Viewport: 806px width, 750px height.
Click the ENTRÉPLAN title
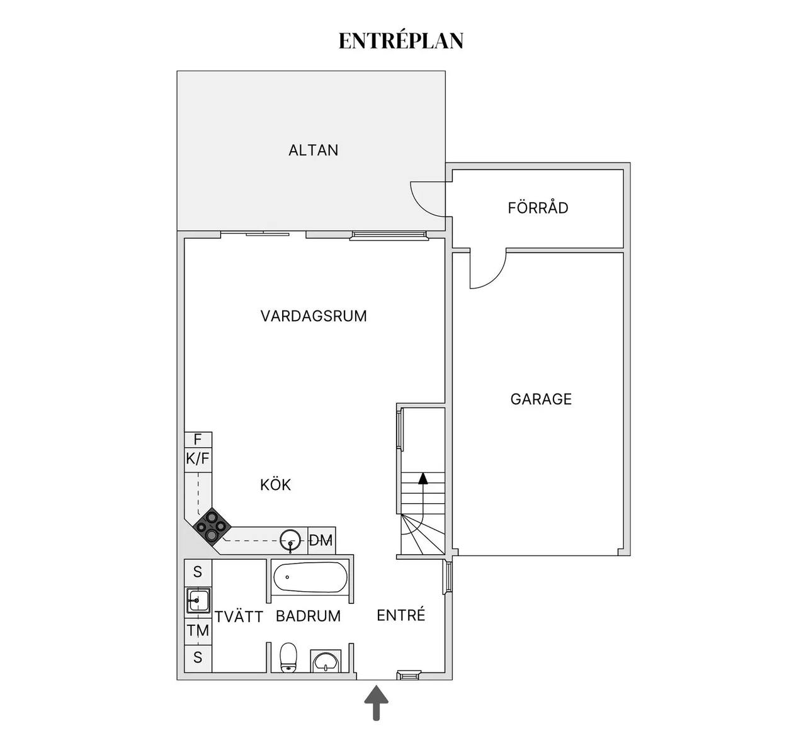(401, 40)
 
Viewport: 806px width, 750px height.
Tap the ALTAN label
(314, 151)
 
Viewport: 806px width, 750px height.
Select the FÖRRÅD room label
(538, 208)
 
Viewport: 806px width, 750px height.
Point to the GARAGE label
(541, 399)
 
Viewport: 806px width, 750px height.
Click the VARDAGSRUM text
(314, 316)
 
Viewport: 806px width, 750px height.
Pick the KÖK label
(276, 484)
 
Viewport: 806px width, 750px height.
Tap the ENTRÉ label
(401, 615)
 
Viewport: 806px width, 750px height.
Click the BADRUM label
(309, 616)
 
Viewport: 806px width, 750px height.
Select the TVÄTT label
(239, 616)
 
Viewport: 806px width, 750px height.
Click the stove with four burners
(211, 526)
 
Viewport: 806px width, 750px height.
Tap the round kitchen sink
(290, 540)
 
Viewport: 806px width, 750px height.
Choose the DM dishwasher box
(321, 540)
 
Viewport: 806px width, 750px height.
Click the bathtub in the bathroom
(310, 577)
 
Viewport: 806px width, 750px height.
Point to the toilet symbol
(288, 657)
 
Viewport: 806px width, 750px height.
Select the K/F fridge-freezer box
(198, 459)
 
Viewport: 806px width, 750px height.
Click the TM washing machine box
(198, 630)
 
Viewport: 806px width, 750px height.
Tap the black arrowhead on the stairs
(423, 479)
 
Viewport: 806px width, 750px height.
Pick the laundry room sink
(198, 600)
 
